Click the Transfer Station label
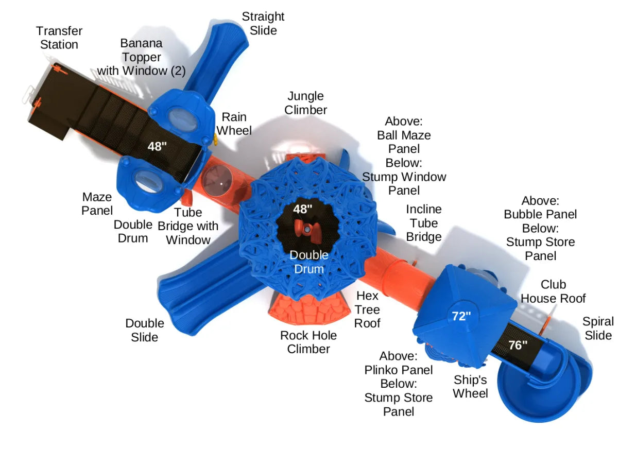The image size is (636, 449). (59, 38)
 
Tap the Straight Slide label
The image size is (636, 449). (263, 24)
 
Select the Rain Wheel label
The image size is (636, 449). (234, 124)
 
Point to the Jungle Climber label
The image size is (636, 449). (305, 103)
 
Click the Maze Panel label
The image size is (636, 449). (97, 204)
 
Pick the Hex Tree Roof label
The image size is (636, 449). (367, 309)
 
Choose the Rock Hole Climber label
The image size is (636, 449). (308, 342)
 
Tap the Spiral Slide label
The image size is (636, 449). (598, 329)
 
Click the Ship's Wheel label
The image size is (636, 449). (470, 387)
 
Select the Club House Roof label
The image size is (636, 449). (553, 291)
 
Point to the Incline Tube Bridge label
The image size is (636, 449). (424, 223)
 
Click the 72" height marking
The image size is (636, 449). (461, 316)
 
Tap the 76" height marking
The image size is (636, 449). (518, 345)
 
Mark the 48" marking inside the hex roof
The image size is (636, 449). (302, 209)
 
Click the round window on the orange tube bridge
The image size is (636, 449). (217, 180)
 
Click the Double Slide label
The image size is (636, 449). (145, 330)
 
